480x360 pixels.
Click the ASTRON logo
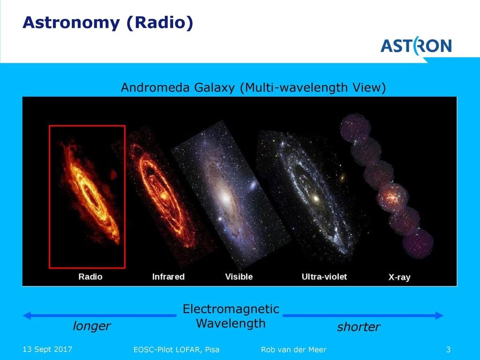416,46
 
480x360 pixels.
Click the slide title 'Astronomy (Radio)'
108,22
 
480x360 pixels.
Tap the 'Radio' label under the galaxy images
90,277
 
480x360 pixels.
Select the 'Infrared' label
168,277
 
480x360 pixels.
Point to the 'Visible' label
239,277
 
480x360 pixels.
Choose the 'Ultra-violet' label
324,277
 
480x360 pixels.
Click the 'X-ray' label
399,277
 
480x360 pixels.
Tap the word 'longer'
91,326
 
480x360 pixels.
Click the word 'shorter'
359,327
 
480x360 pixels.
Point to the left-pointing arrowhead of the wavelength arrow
27,315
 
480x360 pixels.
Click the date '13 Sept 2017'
47,349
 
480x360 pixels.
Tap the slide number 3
449,349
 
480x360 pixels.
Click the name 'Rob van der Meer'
293,350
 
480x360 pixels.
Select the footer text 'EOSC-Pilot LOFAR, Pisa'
176,350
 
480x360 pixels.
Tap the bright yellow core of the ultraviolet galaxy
316,199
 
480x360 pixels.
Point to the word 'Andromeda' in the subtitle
156,88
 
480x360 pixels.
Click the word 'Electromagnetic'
231,309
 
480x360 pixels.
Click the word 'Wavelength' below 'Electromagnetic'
231,323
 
